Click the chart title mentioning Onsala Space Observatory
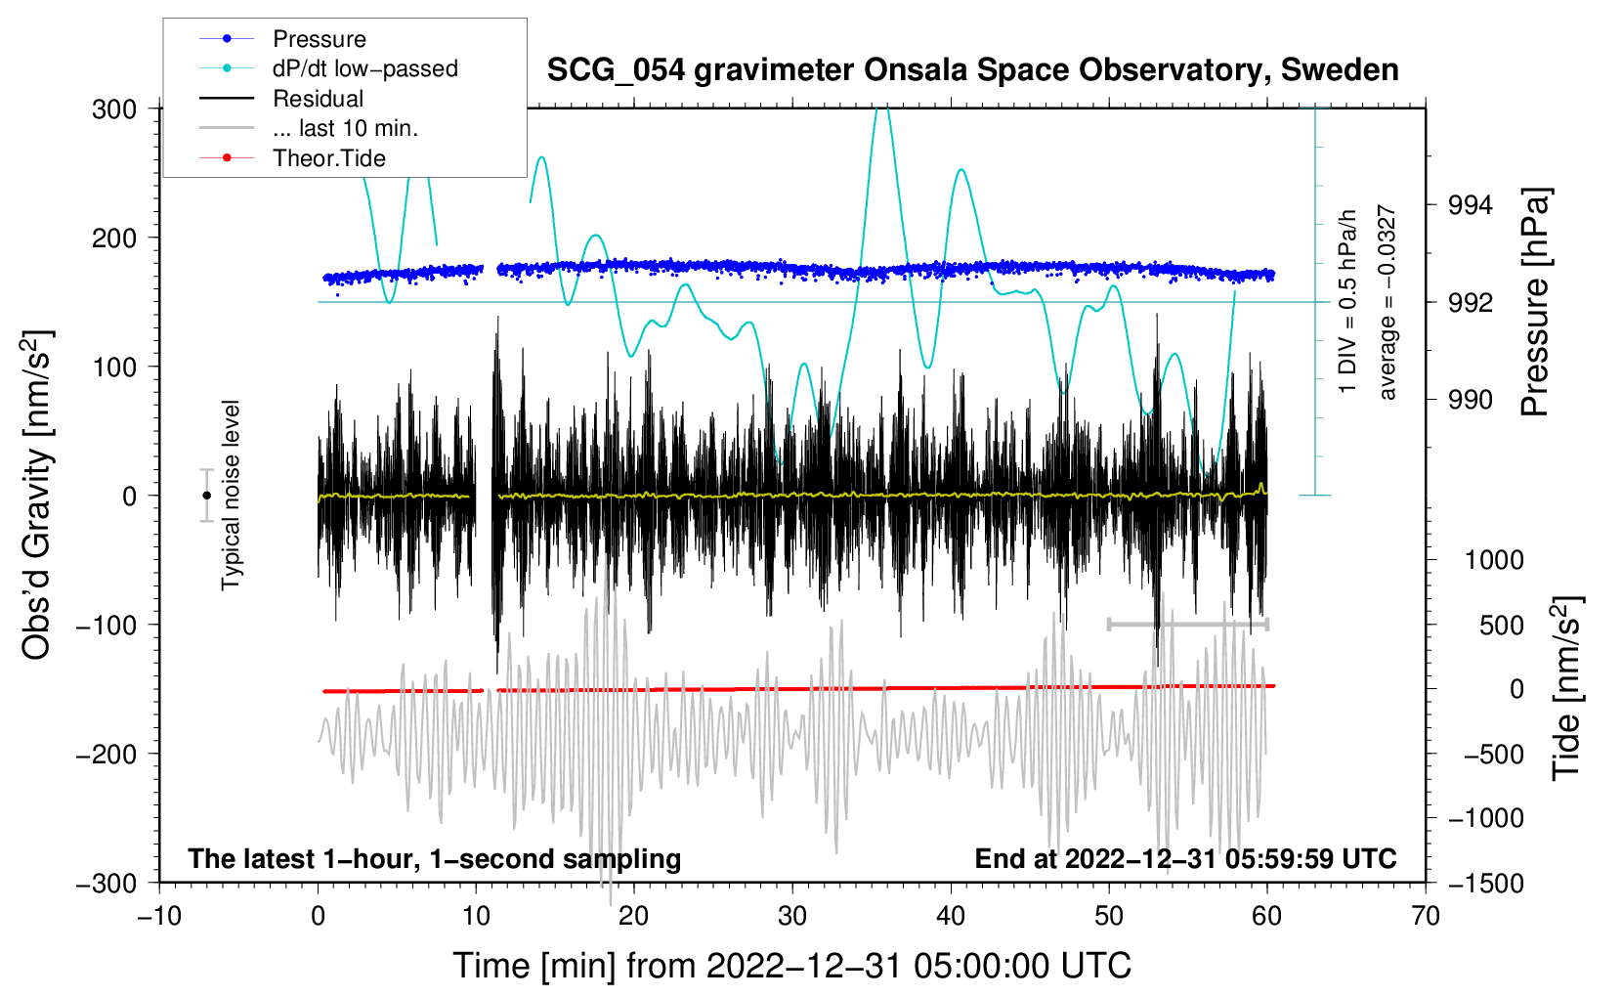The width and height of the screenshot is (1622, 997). tap(972, 70)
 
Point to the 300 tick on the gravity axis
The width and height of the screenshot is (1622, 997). tap(114, 108)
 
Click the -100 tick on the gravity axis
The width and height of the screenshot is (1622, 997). tap(107, 625)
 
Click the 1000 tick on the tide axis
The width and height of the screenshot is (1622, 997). tap(1493, 560)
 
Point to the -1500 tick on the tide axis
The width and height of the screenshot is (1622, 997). tap(1485, 883)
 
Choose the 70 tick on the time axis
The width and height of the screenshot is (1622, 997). tap(1426, 916)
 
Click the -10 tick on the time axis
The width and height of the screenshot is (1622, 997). tap(159, 916)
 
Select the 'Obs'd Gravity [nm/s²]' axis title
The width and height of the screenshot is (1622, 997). tap(36, 496)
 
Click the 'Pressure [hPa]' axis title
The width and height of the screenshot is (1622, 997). tap(1535, 302)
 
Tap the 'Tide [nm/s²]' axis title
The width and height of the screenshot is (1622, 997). tap(1566, 688)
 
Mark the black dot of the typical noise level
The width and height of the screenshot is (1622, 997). tap(206, 496)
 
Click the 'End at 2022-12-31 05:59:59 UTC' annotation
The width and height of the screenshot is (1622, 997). tap(1185, 858)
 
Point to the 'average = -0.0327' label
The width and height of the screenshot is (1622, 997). tap(1387, 302)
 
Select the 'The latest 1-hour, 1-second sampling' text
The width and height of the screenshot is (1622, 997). tap(434, 858)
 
